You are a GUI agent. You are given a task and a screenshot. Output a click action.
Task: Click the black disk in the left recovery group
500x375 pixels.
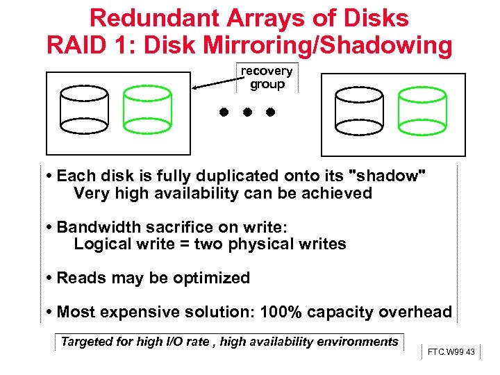point(83,110)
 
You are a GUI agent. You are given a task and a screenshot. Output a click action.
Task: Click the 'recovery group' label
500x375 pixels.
point(267,78)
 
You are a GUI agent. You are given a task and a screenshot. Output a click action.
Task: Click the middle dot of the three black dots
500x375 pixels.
point(247,111)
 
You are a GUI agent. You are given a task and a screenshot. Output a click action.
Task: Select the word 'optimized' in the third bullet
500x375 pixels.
point(211,278)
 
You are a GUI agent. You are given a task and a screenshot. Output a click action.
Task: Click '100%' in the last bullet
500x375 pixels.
point(281,312)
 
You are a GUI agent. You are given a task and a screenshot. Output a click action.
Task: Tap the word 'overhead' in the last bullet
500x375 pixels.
point(415,312)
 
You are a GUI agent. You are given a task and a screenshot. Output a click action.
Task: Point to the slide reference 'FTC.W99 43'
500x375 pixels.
point(451,352)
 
